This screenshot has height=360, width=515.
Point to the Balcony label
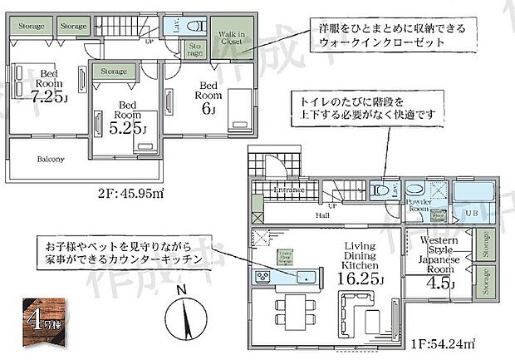coord(51,157)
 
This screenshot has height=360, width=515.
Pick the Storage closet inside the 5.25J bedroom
coord(115,72)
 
